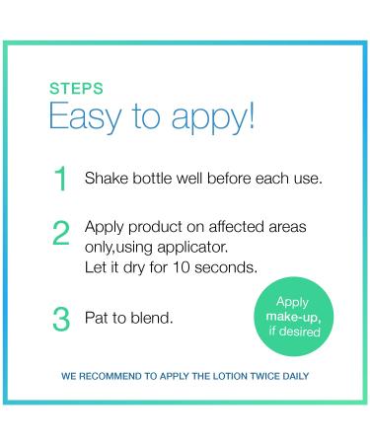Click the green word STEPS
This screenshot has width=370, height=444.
click(76, 88)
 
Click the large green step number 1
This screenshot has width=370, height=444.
click(61, 181)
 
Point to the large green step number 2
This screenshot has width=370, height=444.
click(61, 234)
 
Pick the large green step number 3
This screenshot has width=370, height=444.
click(61, 319)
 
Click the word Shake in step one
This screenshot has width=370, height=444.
click(106, 181)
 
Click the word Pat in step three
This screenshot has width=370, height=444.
click(97, 319)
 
